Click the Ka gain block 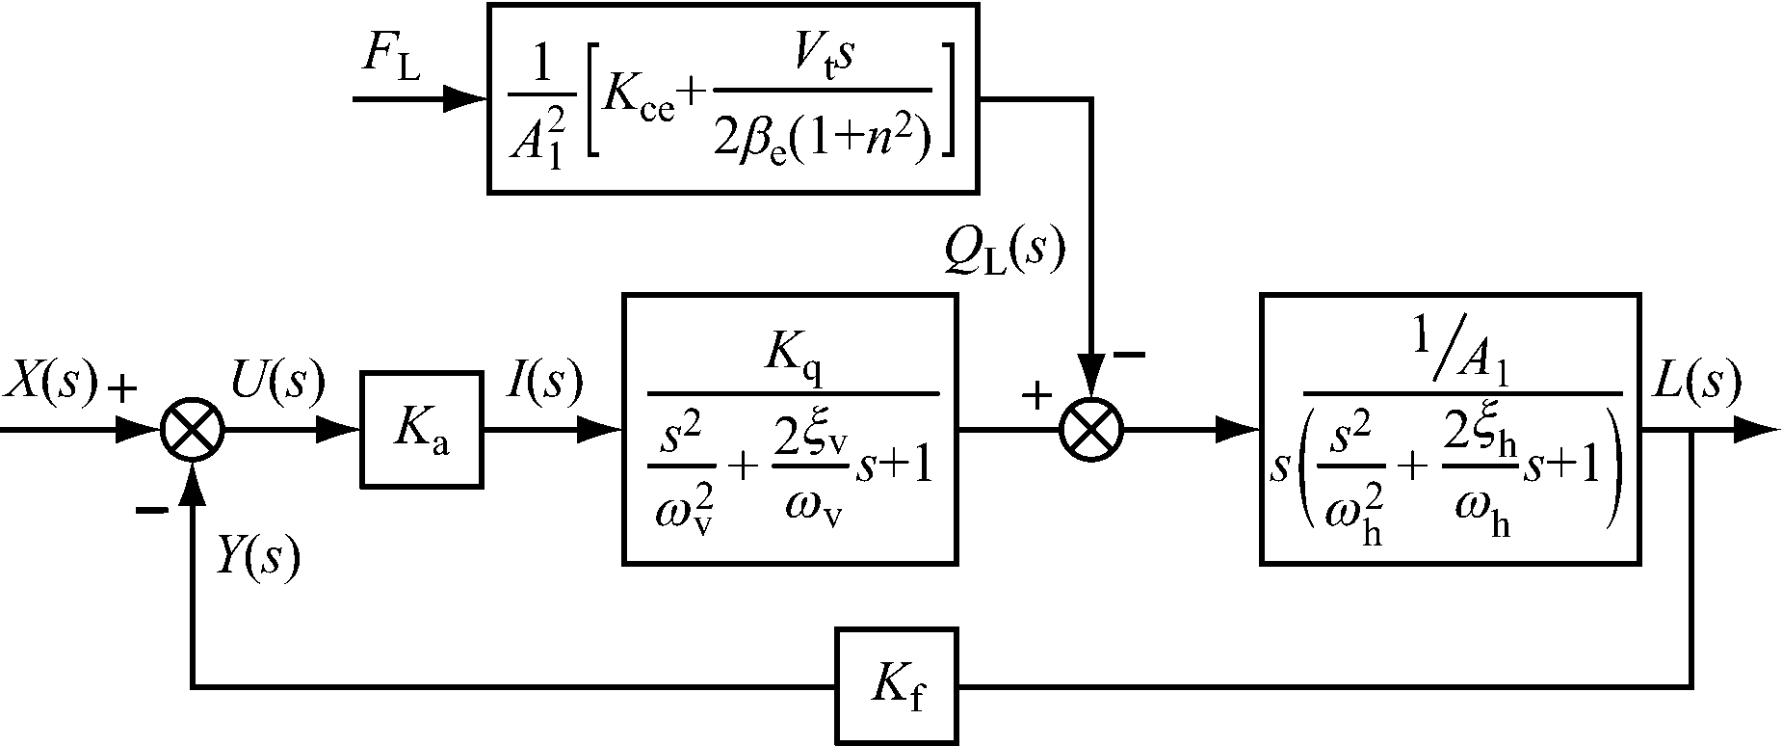[x=421, y=429]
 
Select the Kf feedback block [x=897, y=687]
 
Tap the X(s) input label [x=50, y=383]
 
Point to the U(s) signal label [x=277, y=383]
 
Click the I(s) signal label [x=544, y=383]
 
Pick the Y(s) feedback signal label [x=257, y=557]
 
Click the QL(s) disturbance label [x=1005, y=253]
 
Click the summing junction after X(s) [x=193, y=430]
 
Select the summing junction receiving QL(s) [x=1091, y=430]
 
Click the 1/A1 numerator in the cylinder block [x=1462, y=359]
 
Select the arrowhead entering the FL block [x=467, y=98]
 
